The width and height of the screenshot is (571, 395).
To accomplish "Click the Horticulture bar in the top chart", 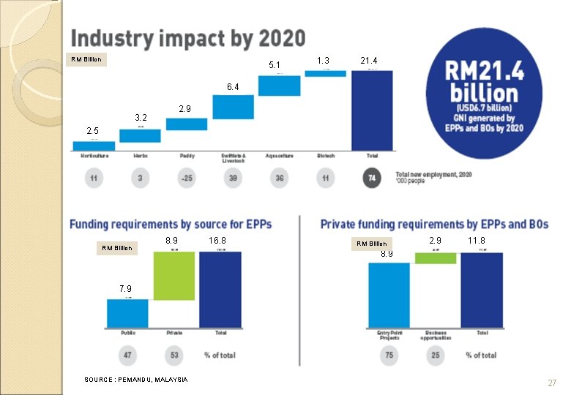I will (94, 146).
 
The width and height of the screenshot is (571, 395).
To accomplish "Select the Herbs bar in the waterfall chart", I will (140, 135).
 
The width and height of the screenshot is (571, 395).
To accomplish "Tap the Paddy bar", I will (187, 124).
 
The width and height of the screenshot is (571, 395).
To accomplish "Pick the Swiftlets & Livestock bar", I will (233, 107).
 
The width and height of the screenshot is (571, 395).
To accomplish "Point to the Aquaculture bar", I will (279, 85).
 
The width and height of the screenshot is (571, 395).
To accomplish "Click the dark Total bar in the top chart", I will (372, 110).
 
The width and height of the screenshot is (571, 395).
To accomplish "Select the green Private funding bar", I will (174, 276).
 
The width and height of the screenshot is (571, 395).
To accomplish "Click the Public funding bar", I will (127, 313).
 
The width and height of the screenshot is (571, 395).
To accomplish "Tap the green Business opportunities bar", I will (435, 257).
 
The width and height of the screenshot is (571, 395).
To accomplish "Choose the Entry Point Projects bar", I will (389, 295).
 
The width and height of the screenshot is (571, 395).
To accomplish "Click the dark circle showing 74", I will (372, 179).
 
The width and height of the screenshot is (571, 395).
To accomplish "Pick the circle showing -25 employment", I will (187, 179).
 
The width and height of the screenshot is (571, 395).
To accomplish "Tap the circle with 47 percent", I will (127, 355).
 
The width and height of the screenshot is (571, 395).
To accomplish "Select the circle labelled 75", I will (389, 355).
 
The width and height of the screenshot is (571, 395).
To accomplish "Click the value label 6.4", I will (232, 87).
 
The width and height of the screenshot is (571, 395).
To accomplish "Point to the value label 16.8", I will (217, 240).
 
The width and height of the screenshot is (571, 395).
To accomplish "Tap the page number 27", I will (552, 383).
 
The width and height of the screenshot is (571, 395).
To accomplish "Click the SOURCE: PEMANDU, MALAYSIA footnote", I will (135, 379).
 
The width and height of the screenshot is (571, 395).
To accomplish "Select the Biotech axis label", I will (326, 156).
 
